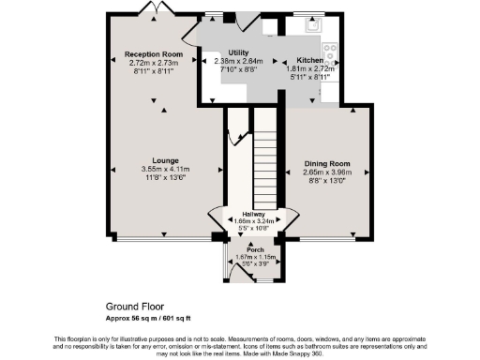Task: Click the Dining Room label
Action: (x=327, y=163)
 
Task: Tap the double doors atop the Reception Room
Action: (x=152, y=8)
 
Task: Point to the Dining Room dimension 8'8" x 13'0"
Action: (x=327, y=180)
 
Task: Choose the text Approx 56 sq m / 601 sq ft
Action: (x=153, y=318)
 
